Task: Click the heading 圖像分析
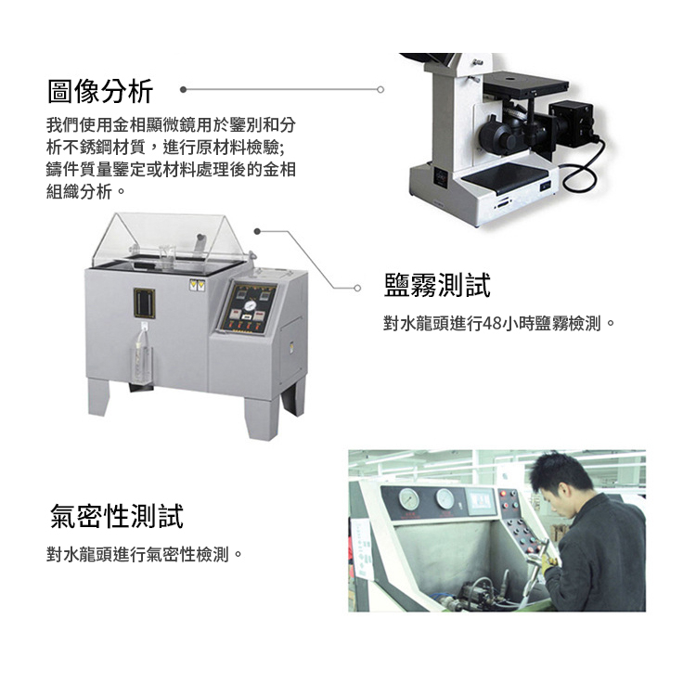100,92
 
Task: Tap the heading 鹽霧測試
437,285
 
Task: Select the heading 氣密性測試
117,516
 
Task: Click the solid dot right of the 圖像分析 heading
184,90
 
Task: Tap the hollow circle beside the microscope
380,90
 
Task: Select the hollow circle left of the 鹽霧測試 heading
357,288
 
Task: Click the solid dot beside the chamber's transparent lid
257,231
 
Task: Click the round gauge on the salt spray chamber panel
250,306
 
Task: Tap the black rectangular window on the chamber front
144,303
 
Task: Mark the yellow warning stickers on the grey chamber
197,285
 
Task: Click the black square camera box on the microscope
571,122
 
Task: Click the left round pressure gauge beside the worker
409,499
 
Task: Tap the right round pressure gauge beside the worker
445,498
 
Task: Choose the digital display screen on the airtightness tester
481,502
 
